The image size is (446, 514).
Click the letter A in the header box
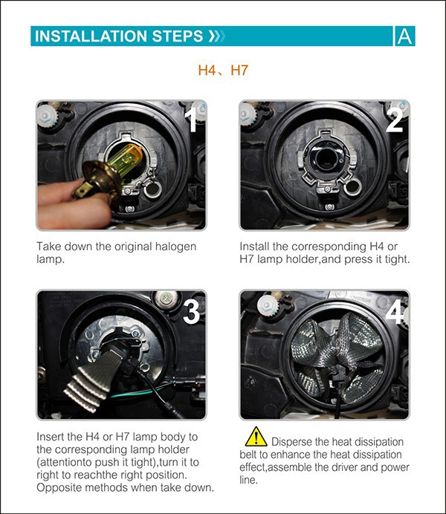pos(404,36)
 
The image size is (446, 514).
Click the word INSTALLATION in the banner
pos(91,36)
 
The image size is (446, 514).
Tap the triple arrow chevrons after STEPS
pos(217,36)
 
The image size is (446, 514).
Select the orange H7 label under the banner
pos(239,70)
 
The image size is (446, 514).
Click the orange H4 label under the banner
pos(207,70)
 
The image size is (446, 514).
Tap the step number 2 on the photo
pos(395,120)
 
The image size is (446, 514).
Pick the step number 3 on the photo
pos(191,311)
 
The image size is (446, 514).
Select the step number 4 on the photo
pos(395,312)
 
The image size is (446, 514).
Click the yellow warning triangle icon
pos(256,437)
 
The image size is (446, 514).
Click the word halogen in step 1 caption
pos(175,247)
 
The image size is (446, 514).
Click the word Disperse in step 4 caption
pos(292,442)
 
